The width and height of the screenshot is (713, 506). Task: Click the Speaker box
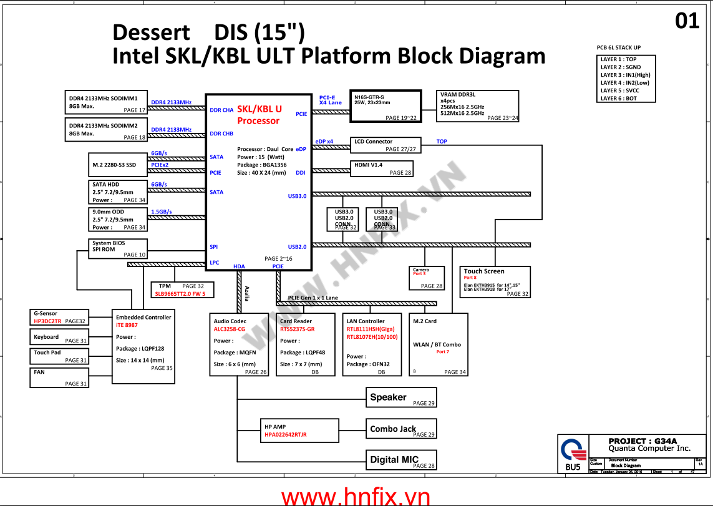tap(401, 397)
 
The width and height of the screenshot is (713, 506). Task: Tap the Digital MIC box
tap(401, 460)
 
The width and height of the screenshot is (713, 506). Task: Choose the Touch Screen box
tap(495, 281)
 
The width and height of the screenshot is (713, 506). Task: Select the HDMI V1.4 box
tap(382, 168)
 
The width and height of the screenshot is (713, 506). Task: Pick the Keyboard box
tap(59, 337)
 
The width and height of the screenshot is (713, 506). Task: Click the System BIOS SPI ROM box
tap(118, 248)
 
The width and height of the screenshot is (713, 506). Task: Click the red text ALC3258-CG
tap(230, 329)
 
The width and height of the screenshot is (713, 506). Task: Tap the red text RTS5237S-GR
tap(298, 329)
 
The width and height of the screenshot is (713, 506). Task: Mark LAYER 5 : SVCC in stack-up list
tap(619, 90)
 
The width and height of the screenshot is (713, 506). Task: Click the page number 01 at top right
tap(687, 21)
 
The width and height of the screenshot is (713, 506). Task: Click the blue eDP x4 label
tap(324, 142)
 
